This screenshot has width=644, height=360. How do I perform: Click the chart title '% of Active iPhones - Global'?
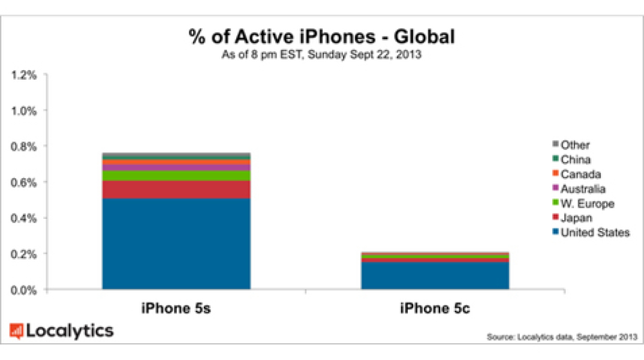click(322, 37)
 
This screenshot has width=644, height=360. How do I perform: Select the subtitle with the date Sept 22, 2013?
click(322, 55)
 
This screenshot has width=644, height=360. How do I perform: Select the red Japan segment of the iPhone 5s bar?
click(176, 190)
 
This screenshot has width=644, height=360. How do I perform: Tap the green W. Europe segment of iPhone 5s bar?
click(176, 175)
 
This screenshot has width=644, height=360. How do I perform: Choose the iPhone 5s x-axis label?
click(176, 308)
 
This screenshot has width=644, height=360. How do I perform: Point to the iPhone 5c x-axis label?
click(435, 308)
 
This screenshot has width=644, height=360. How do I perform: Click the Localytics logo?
click(61, 331)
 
